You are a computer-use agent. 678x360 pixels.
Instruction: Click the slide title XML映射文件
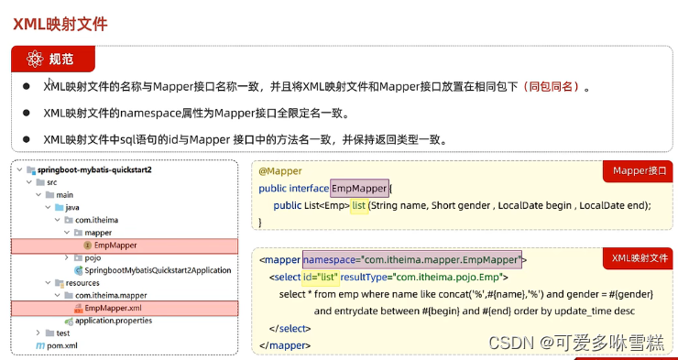point(60,24)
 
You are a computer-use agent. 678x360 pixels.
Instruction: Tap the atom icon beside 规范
point(36,60)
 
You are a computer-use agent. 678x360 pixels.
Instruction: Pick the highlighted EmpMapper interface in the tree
point(115,245)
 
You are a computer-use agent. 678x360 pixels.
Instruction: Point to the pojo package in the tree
point(92,258)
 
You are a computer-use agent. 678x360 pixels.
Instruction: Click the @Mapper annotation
point(280,171)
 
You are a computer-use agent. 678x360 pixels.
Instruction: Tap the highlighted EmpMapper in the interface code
point(359,188)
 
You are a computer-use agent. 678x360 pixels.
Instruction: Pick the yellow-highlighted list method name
point(358,205)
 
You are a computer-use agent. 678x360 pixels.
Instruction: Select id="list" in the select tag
point(314,277)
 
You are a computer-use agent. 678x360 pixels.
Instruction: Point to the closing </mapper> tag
point(286,344)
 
